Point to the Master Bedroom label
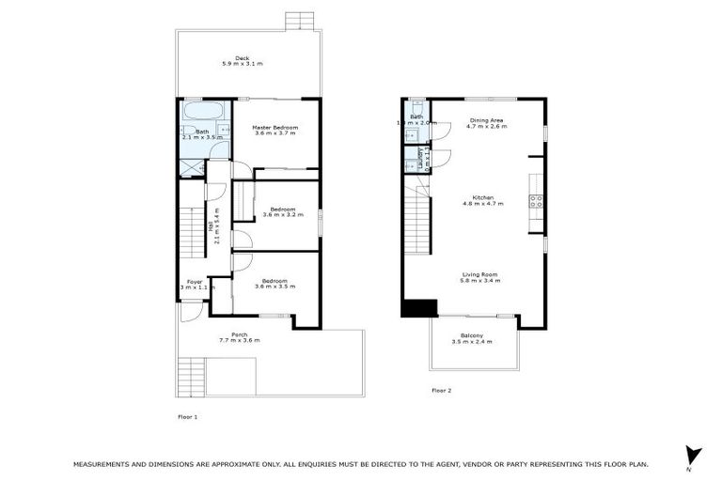pyautogui.click(x=275, y=127)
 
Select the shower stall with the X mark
pyautogui.click(x=192, y=168)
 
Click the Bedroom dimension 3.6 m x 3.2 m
pyautogui.click(x=283, y=216)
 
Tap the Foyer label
pyautogui.click(x=195, y=281)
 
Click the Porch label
pyautogui.click(x=240, y=334)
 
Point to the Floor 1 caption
pyautogui.click(x=188, y=415)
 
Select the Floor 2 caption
pyautogui.click(x=442, y=390)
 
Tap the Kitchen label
pyautogui.click(x=483, y=197)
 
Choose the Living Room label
pyautogui.click(x=480, y=274)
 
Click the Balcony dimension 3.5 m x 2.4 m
pyautogui.click(x=472, y=342)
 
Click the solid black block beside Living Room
pyautogui.click(x=418, y=308)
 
